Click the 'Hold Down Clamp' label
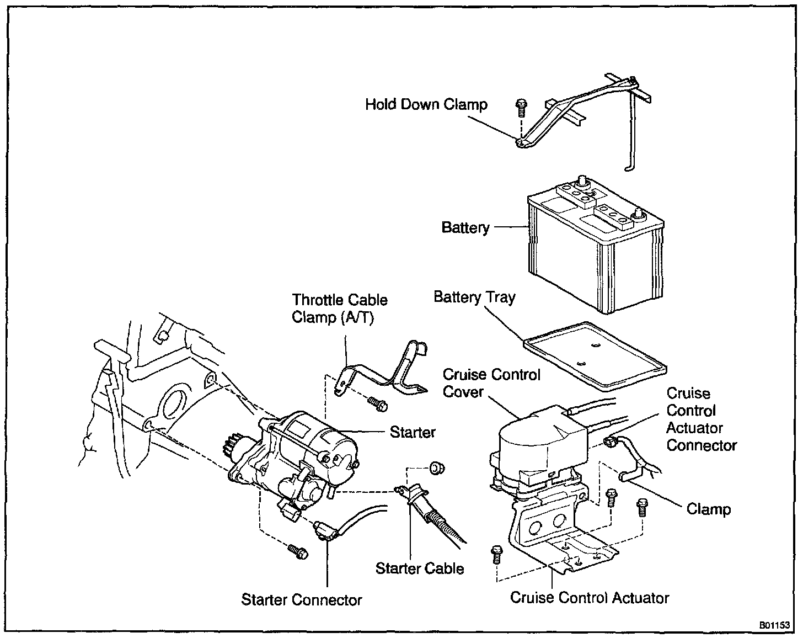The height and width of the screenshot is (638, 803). pyautogui.click(x=426, y=104)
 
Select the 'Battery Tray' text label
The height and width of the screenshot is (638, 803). pyautogui.click(x=474, y=297)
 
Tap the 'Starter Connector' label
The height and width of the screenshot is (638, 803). pyautogui.click(x=301, y=600)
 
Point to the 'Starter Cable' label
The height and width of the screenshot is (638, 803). pyautogui.click(x=419, y=568)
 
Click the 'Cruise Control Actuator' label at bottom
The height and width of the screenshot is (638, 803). pyautogui.click(x=590, y=598)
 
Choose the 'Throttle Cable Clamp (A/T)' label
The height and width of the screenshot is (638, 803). pyautogui.click(x=339, y=309)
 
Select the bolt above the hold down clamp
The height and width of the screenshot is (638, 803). pyautogui.click(x=520, y=107)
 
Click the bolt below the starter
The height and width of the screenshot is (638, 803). pyautogui.click(x=297, y=551)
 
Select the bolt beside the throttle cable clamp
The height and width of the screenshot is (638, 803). pyautogui.click(x=378, y=404)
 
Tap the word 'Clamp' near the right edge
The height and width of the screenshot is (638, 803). pyautogui.click(x=708, y=509)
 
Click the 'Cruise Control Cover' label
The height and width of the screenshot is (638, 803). pyautogui.click(x=491, y=384)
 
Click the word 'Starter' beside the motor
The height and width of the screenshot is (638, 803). pyautogui.click(x=413, y=432)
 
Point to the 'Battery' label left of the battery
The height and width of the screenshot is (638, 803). pyautogui.click(x=465, y=228)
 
